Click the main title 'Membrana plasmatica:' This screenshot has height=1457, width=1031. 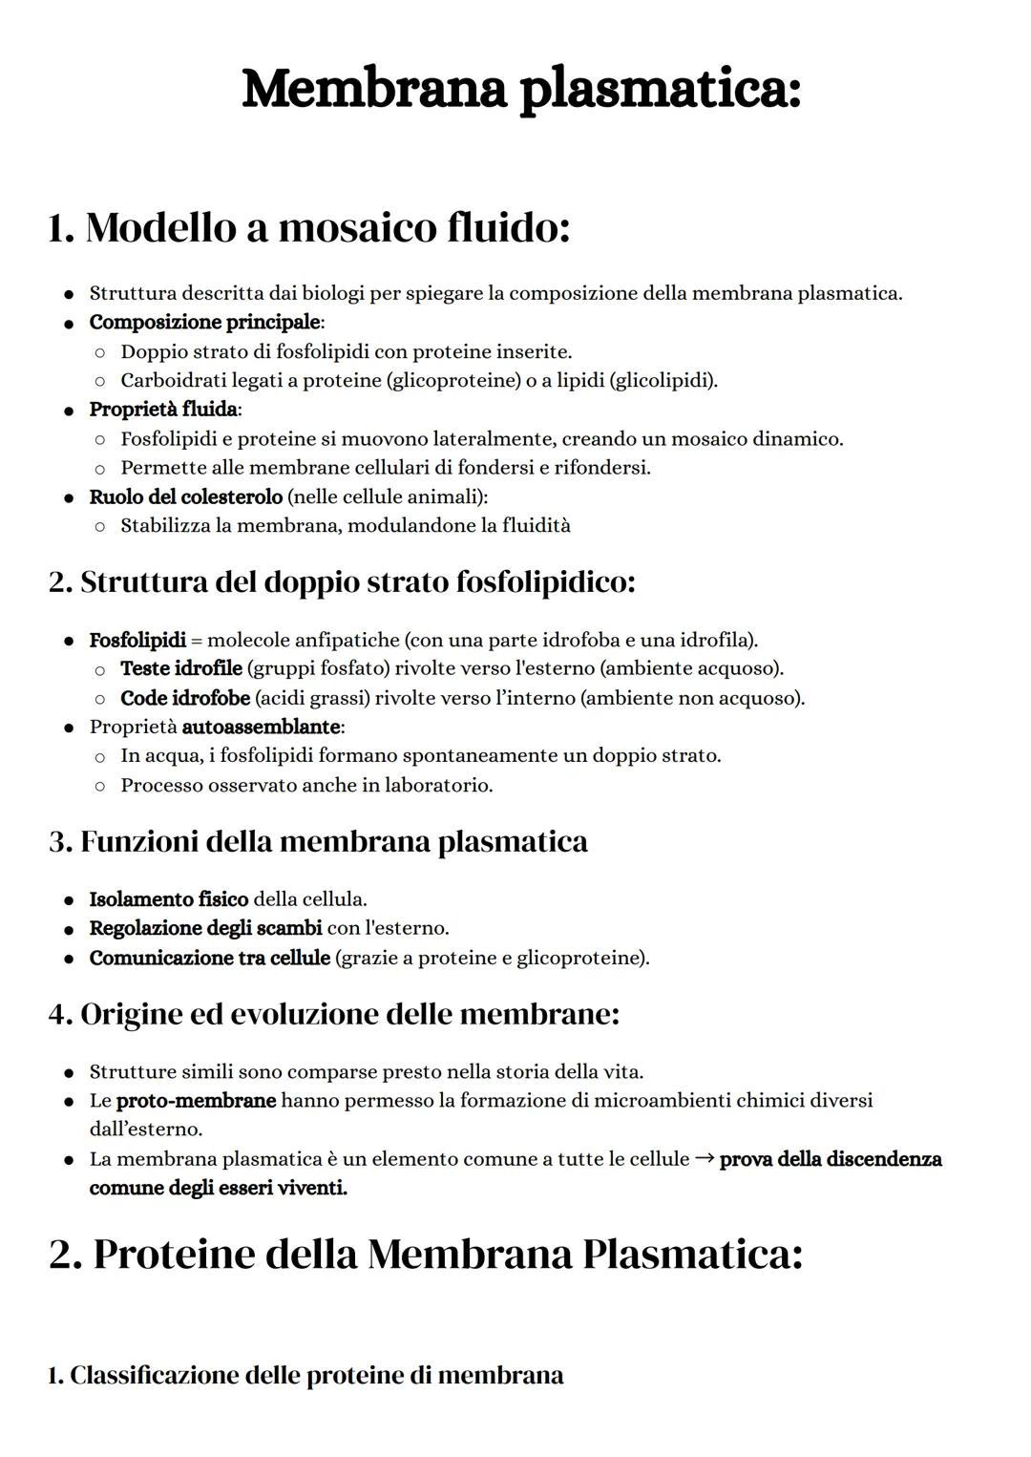tap(521, 91)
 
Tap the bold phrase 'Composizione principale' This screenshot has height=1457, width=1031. tap(204, 322)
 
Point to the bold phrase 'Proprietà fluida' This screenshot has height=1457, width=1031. tap(163, 410)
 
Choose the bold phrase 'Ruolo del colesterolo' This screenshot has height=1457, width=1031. tap(185, 497)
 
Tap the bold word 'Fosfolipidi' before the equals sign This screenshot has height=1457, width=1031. tap(137, 640)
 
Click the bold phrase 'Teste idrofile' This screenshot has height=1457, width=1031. tap(180, 668)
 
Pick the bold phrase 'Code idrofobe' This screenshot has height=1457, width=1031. tap(184, 698)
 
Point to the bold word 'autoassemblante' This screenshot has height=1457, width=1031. tap(261, 728)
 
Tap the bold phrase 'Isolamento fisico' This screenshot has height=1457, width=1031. tap(168, 899)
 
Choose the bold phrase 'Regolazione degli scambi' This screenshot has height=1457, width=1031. tap(205, 928)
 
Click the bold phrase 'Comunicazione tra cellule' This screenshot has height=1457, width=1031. tap(209, 958)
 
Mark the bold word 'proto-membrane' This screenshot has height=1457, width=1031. tap(196, 1101)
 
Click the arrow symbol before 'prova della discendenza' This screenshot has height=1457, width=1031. tap(705, 1159)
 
